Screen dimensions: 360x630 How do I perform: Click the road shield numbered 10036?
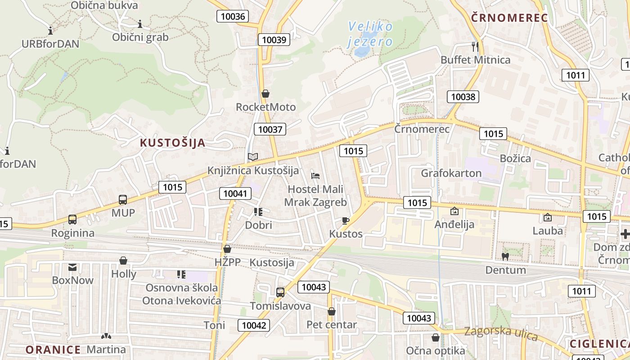(234, 17)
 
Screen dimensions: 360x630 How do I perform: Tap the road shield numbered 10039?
(274, 40)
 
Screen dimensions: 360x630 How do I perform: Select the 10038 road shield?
(463, 96)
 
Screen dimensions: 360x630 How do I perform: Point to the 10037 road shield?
(270, 130)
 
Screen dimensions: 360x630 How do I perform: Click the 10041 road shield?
(235, 193)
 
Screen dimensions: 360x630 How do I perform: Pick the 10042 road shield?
(254, 325)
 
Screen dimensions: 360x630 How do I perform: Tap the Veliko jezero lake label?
(370, 34)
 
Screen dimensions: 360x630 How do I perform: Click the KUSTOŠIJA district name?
(172, 143)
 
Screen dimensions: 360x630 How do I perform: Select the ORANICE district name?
(53, 350)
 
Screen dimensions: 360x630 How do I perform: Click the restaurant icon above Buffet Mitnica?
(475, 46)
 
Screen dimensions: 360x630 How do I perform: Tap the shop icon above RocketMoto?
(265, 94)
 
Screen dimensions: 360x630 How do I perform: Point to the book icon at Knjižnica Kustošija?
(253, 157)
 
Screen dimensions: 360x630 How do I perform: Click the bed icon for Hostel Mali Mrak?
(315, 175)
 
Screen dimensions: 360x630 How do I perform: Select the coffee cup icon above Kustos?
(345, 220)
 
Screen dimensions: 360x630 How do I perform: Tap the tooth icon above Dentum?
(505, 256)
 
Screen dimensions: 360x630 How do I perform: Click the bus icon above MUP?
(122, 200)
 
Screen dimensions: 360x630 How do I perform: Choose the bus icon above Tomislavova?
(280, 292)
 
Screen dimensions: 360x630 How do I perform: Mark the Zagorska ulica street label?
(501, 333)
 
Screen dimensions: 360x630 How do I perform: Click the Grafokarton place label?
(451, 173)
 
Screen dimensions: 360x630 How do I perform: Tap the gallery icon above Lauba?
(548, 217)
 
